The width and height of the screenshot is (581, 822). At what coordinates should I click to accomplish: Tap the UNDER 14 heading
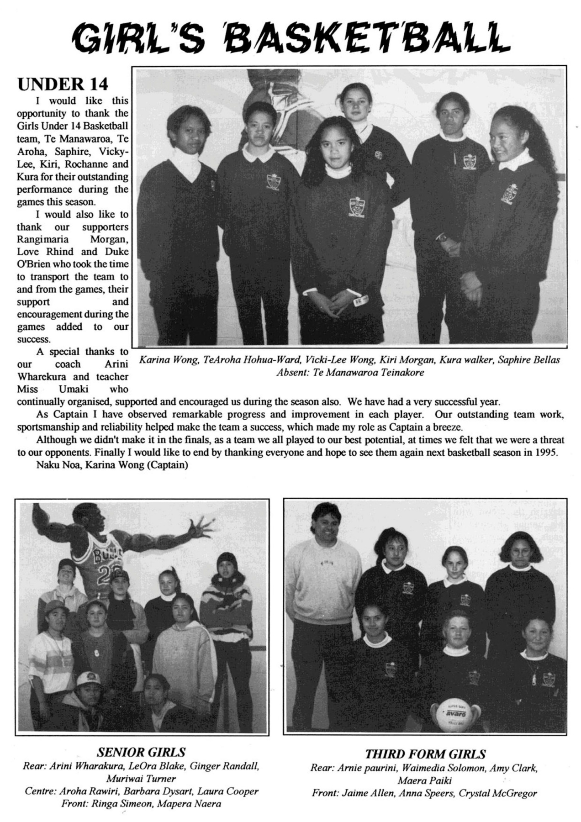(x=63, y=84)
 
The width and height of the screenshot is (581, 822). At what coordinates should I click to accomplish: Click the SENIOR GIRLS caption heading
(x=142, y=751)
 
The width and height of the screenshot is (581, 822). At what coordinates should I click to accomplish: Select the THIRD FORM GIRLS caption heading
(x=425, y=754)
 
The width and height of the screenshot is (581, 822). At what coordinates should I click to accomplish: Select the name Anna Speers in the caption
(x=427, y=793)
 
